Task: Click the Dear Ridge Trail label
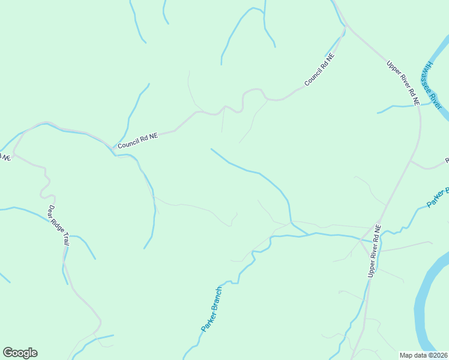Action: (58, 224)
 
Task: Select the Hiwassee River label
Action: (432, 85)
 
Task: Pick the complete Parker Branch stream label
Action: (211, 310)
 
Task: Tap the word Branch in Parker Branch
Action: (217, 299)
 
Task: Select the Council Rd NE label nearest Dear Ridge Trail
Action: (137, 140)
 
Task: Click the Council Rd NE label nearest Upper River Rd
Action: (319, 70)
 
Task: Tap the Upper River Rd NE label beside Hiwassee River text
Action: (402, 83)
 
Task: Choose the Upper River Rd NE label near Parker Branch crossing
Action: (373, 251)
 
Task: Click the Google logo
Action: (20, 353)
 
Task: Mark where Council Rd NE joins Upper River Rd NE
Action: (346, 27)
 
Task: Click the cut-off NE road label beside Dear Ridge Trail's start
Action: (5, 157)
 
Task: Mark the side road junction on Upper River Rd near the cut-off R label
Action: (411, 160)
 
